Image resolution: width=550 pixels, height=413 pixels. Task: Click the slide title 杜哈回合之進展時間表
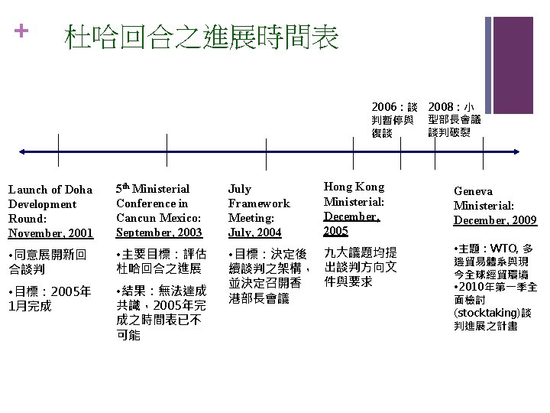(x=202, y=36)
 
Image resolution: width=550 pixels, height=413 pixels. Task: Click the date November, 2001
(x=50, y=233)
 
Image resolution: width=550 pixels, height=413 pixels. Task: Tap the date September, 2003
(x=159, y=233)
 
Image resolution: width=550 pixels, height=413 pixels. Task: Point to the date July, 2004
(x=254, y=233)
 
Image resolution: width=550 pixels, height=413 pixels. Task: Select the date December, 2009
(x=495, y=220)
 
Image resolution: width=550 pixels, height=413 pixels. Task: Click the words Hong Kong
(x=354, y=187)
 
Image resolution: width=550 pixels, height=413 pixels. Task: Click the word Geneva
(x=473, y=191)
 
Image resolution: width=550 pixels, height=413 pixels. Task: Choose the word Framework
(x=259, y=203)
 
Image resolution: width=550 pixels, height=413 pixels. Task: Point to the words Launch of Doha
(x=50, y=190)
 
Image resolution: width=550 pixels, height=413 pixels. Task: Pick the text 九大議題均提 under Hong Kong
(x=360, y=253)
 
